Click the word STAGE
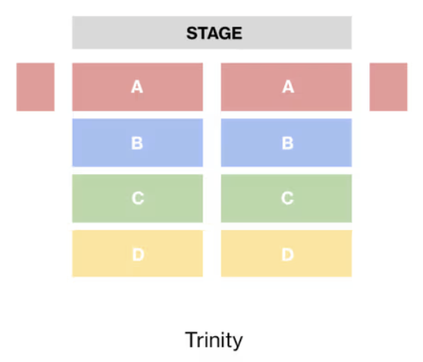(x=215, y=33)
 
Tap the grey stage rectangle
(x=211, y=33)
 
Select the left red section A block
(x=137, y=87)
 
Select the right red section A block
(x=287, y=87)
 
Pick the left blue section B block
(x=137, y=142)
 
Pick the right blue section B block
(x=287, y=142)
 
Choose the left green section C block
(x=137, y=198)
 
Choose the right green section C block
(x=287, y=198)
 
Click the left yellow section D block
(x=137, y=254)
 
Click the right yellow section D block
(x=287, y=254)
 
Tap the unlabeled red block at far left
(x=36, y=87)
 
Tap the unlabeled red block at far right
(x=388, y=87)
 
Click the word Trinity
(x=214, y=340)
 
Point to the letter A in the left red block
(x=137, y=87)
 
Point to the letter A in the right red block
(x=288, y=87)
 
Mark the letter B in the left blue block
(x=137, y=143)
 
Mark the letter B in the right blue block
(x=287, y=143)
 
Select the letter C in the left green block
(x=138, y=198)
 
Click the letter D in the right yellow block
(x=287, y=254)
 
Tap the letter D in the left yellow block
(x=138, y=254)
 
